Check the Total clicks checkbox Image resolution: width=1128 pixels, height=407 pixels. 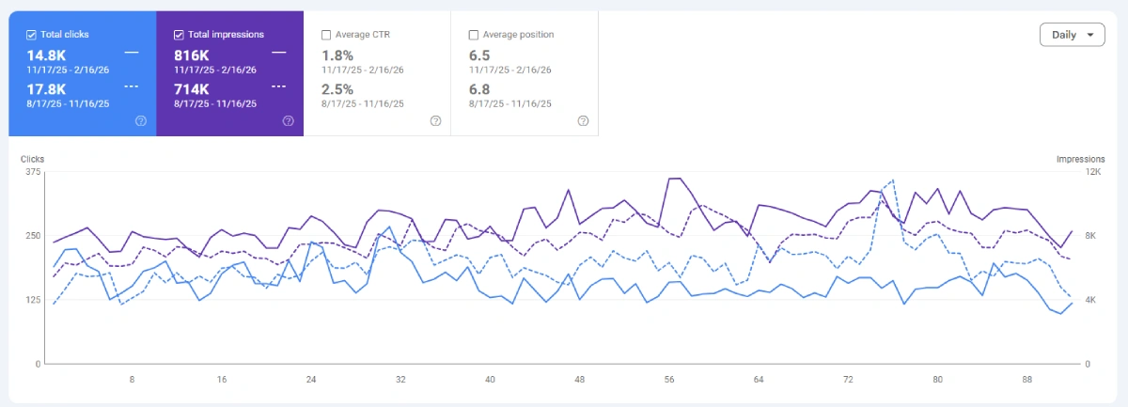click(32, 35)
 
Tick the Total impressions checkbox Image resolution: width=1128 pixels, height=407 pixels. click(180, 35)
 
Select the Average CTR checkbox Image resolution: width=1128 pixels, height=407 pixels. click(326, 35)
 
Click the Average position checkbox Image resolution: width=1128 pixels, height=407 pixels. click(474, 35)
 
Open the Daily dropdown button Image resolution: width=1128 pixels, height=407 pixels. click(1072, 35)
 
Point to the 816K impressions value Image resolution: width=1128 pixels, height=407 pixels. click(193, 55)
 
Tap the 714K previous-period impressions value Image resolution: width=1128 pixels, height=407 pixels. click(193, 88)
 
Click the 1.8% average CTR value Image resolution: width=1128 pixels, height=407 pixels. click(338, 55)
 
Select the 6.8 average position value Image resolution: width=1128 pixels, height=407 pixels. click(479, 88)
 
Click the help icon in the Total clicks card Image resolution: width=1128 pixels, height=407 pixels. click(141, 120)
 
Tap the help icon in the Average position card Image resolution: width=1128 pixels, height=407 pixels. click(583, 120)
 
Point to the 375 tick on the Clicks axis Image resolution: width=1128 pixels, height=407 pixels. click(33, 171)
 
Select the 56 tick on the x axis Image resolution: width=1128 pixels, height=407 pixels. click(669, 380)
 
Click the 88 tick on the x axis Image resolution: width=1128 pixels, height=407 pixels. click(1027, 380)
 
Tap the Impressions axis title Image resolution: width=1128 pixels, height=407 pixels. click(1080, 159)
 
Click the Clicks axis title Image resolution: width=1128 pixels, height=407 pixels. click(33, 159)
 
